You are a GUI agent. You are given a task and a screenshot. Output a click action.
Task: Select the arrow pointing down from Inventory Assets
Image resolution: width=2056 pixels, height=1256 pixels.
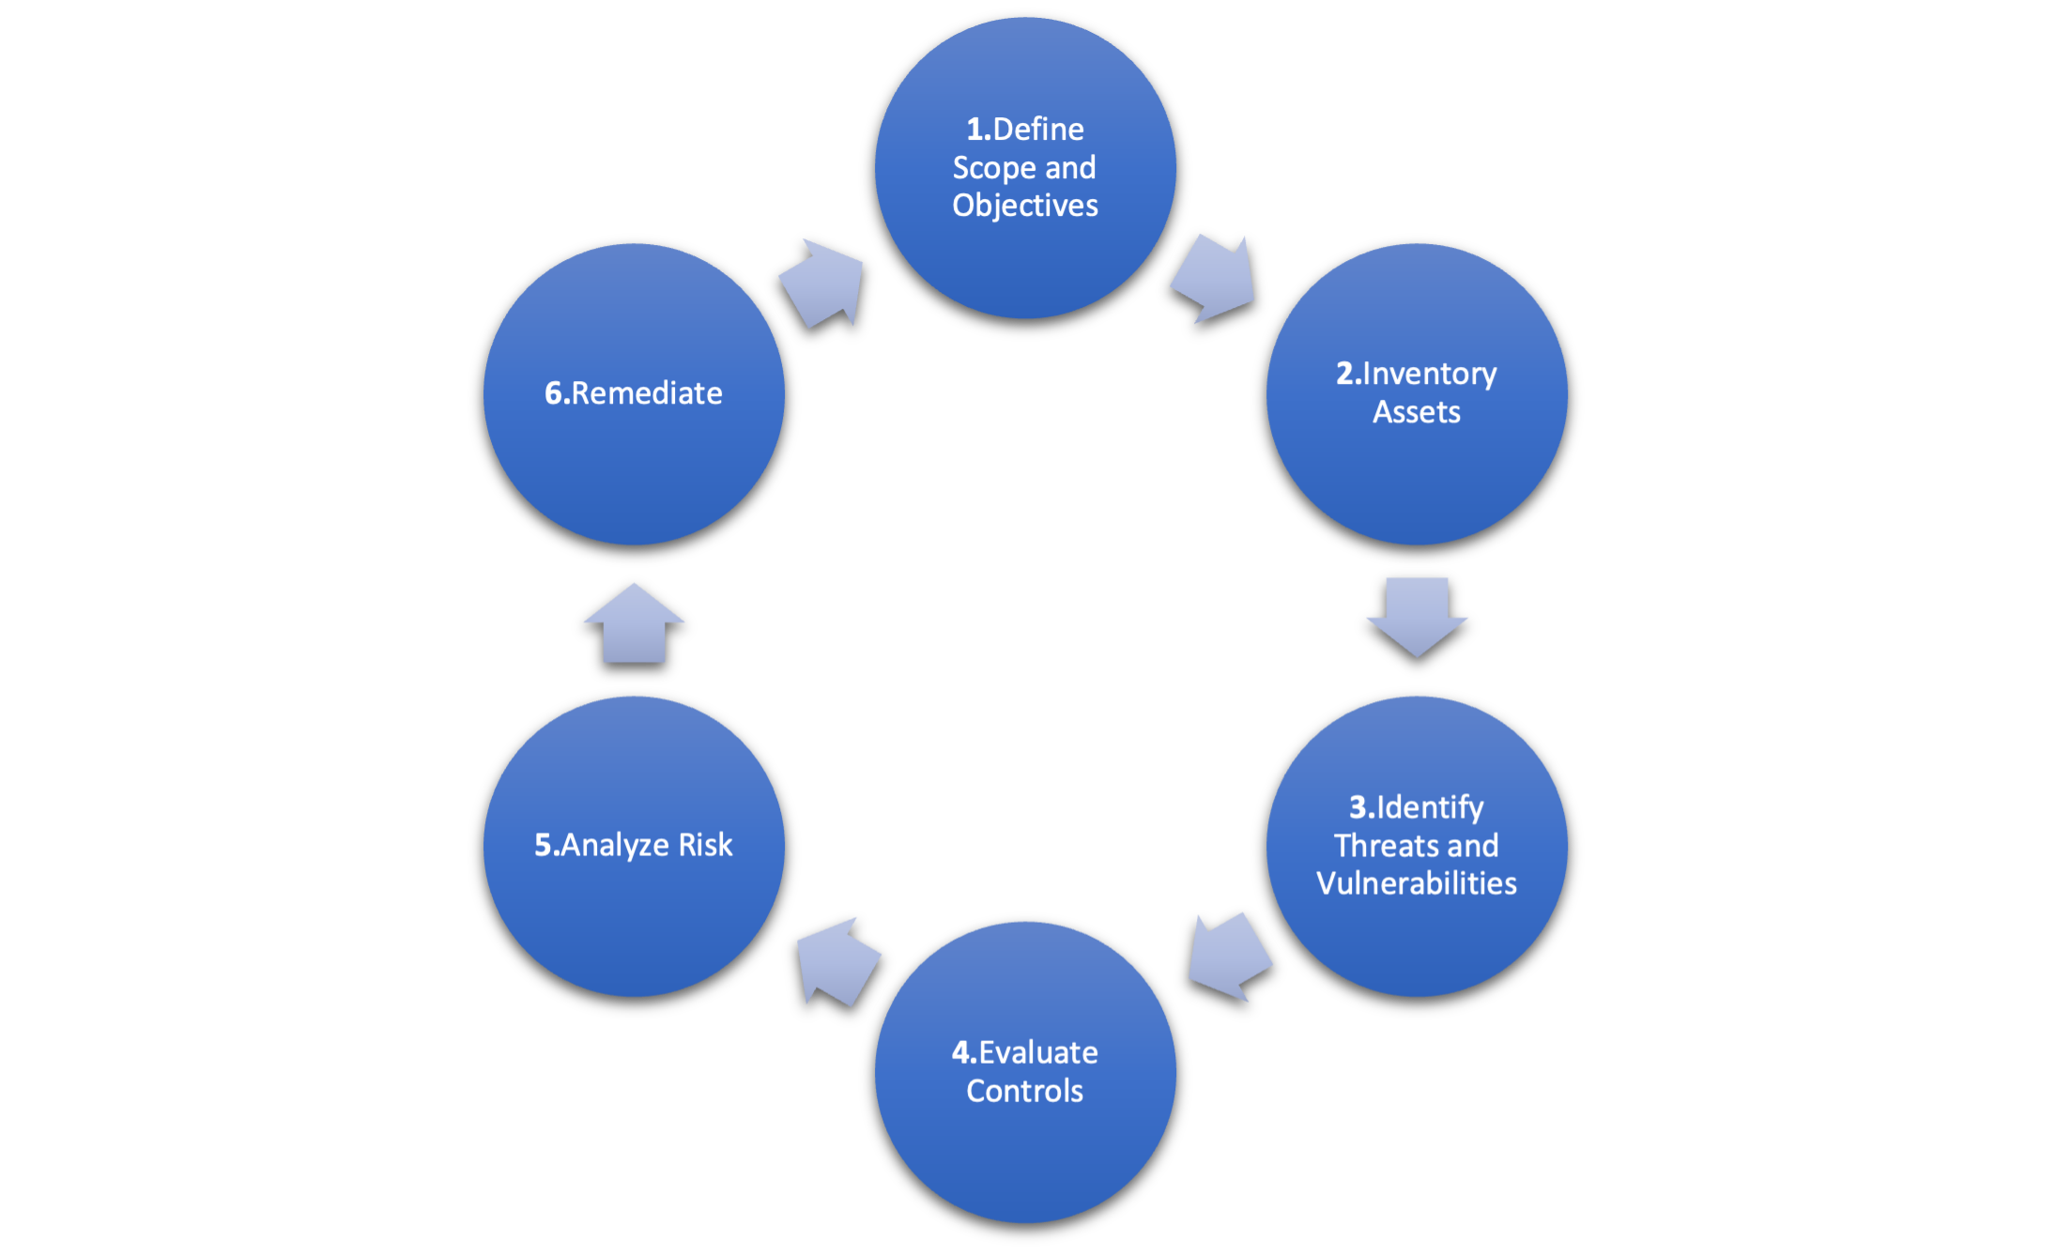tap(1417, 615)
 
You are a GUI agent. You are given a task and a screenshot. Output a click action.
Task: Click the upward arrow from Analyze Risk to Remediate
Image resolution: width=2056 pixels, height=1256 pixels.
tap(634, 624)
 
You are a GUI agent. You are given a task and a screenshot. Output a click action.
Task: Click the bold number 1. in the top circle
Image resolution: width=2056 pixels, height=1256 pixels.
tap(978, 129)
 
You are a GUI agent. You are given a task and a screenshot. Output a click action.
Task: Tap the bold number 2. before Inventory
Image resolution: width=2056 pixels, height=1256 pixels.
tap(1348, 374)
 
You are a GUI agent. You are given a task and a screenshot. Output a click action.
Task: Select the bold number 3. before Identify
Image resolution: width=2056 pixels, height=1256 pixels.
tap(1361, 807)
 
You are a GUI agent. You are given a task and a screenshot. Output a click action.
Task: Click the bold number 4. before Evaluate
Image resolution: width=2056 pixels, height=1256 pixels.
tap(964, 1052)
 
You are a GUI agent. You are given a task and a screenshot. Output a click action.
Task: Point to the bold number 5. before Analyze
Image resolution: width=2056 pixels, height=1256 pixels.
tap(546, 845)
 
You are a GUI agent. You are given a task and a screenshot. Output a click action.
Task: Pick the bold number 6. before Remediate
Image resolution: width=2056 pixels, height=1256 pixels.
tap(557, 392)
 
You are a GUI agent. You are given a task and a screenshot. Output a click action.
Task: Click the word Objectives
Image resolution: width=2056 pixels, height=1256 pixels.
tap(1025, 206)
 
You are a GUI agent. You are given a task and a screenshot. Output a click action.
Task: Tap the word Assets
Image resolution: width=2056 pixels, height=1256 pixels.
tap(1417, 412)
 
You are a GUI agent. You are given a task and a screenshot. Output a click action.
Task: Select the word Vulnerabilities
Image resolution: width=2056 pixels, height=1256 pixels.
tap(1417, 883)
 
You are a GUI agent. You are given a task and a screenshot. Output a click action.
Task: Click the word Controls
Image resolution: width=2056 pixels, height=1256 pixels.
tap(1025, 1091)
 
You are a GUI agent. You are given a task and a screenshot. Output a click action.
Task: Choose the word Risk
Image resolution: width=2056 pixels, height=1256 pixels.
tap(705, 845)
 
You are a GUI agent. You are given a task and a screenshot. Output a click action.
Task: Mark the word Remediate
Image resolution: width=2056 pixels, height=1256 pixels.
tap(647, 392)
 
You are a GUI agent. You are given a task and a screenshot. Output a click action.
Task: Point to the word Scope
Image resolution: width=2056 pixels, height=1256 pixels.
tap(994, 168)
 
